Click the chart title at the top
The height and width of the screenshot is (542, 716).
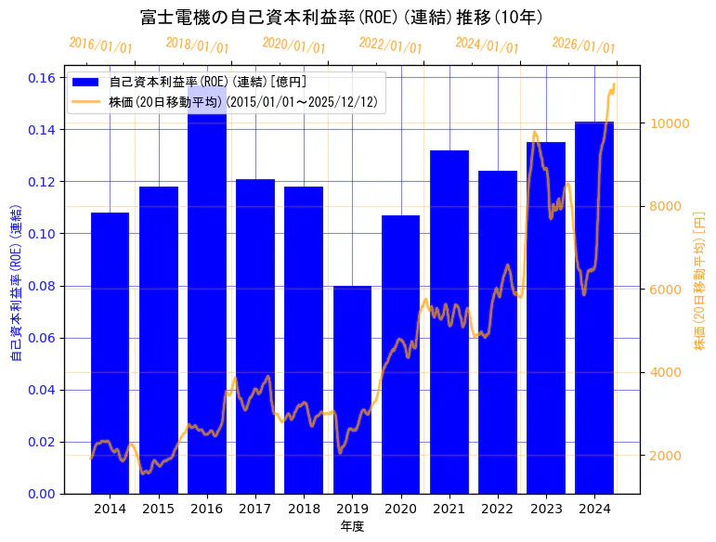[x=342, y=18]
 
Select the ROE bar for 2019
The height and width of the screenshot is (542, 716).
[x=352, y=390]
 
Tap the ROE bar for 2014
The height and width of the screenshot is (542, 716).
[x=110, y=353]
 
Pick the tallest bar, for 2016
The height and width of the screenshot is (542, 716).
[x=206, y=297]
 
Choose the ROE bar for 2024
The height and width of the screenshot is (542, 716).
[x=594, y=307]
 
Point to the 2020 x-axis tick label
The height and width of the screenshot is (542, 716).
[x=400, y=509]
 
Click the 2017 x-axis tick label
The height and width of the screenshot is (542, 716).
[x=254, y=509]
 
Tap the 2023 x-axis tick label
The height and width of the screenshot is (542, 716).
[x=545, y=509]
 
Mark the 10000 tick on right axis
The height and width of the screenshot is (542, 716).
[x=668, y=123]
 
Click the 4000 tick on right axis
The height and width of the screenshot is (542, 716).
[x=664, y=373]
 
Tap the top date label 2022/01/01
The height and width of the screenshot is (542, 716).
[x=390, y=45]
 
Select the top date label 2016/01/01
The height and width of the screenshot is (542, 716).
[x=100, y=45]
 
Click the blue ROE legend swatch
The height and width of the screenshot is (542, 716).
[x=87, y=83]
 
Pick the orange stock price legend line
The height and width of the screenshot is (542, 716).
[x=87, y=101]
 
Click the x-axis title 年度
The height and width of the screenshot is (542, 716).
[x=352, y=526]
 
